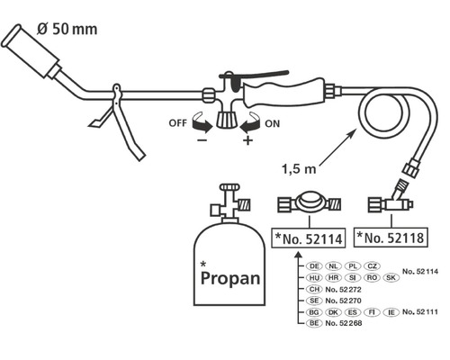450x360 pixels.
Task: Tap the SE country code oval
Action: [315, 301]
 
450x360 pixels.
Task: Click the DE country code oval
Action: [315, 266]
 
